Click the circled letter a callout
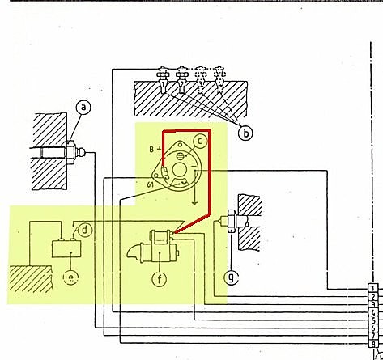[83, 108]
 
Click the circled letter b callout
[245, 133]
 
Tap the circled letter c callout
[200, 141]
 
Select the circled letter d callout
[84, 231]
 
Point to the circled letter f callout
[160, 278]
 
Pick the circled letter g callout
[232, 277]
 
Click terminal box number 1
[372, 288]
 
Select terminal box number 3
[372, 304]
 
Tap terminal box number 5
[372, 320]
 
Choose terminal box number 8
[372, 344]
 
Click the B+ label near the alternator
[155, 149]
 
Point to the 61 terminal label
[151, 184]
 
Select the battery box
[66, 248]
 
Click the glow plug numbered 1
[163, 79]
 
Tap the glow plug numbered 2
[181, 79]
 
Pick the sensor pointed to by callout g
[230, 221]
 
